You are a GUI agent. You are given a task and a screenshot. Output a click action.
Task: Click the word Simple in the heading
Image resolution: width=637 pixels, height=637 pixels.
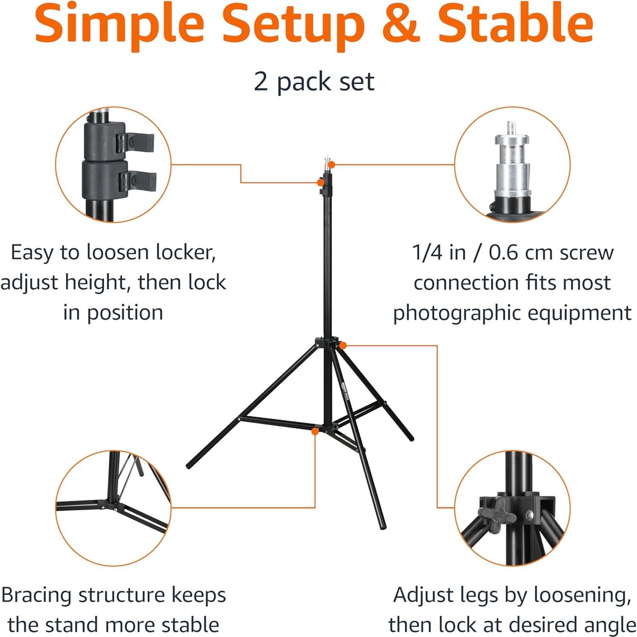119,23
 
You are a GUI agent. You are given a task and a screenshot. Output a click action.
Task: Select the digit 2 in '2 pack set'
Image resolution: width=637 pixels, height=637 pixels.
261,81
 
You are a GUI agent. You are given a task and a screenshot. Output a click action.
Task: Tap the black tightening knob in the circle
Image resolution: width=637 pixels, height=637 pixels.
495,515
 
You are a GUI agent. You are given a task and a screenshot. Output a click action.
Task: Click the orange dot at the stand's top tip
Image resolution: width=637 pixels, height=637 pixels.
332,165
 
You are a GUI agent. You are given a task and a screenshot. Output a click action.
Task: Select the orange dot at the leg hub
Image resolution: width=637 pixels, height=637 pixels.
343,345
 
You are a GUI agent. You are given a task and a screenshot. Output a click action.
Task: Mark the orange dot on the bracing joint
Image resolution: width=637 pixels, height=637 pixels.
315,431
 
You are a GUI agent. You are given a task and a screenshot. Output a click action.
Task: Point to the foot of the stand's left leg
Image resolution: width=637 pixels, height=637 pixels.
189,466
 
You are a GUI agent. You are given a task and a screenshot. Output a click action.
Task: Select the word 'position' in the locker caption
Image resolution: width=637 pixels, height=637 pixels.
125,313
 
